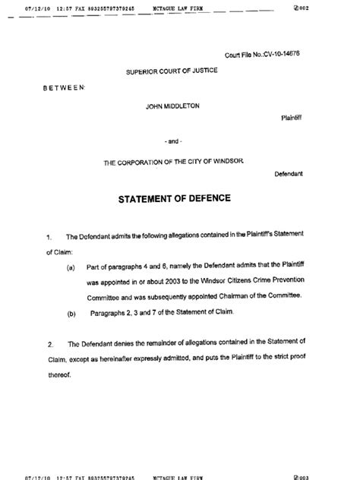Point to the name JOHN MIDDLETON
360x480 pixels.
pos(172,106)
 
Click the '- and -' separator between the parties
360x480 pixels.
pos(172,142)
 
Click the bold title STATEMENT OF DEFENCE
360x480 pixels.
pos(174,199)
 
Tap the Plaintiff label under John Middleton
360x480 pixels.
pos(292,119)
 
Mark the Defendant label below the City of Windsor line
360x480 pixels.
pos(289,174)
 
